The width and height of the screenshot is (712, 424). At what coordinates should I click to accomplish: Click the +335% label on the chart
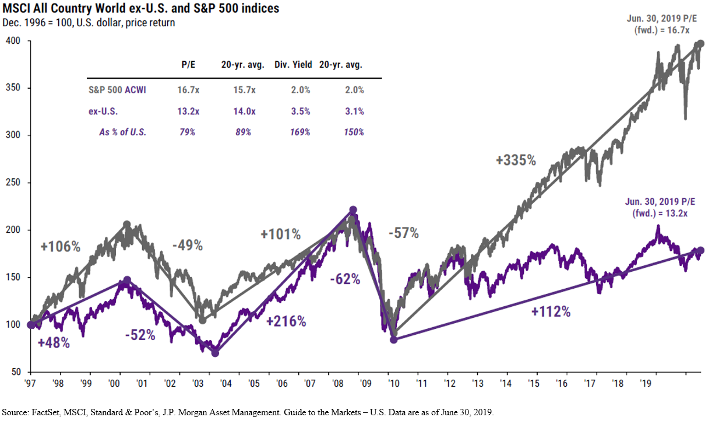516,160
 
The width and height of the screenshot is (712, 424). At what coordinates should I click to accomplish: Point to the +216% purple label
286,321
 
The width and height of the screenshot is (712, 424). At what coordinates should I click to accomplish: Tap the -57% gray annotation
403,233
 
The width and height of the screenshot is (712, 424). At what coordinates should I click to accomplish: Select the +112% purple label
551,311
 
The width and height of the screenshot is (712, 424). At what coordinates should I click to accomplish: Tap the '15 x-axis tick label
533,384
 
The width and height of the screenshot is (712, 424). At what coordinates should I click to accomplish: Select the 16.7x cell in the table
188,90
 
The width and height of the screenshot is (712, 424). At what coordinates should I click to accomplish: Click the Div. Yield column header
293,65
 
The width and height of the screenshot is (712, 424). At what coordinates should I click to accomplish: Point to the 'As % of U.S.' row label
122,132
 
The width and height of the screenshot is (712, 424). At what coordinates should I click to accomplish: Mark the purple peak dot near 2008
353,210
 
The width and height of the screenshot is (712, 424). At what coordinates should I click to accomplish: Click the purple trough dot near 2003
215,353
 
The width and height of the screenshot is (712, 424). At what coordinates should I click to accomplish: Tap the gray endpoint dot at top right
701,44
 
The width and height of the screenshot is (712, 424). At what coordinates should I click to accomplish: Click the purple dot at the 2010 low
393,339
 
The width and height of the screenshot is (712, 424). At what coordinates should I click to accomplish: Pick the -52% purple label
140,335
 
